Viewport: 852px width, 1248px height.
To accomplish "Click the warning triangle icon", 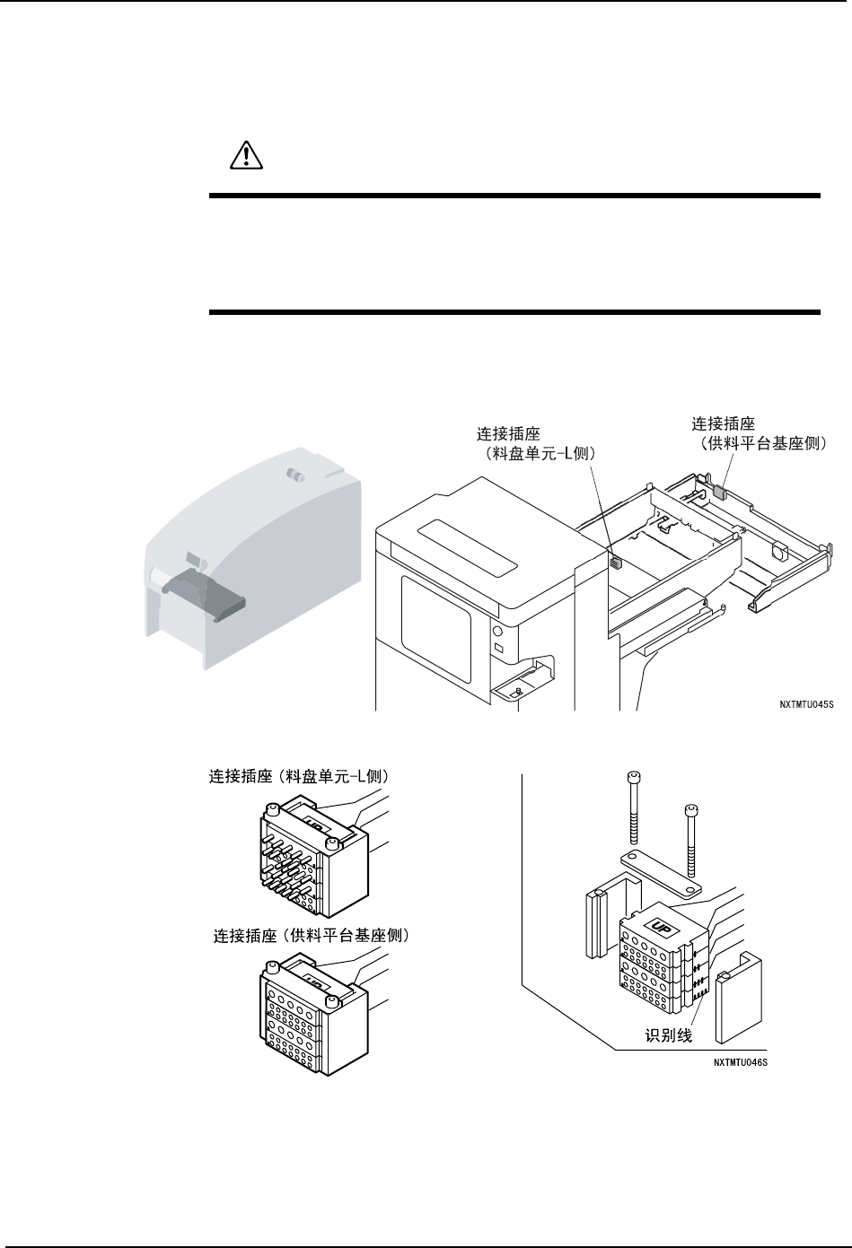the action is pyautogui.click(x=242, y=156).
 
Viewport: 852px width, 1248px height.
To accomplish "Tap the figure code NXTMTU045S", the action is pyautogui.click(x=805, y=704).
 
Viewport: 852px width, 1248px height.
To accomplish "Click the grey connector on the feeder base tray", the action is pyautogui.click(x=721, y=492).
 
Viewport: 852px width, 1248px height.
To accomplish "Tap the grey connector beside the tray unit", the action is pyautogui.click(x=616, y=563).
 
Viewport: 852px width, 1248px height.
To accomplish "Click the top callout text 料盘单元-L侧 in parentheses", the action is pyautogui.click(x=539, y=455).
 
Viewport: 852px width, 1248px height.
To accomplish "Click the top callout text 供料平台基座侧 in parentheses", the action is pyautogui.click(x=762, y=442).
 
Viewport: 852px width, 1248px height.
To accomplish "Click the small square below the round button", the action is pyautogui.click(x=498, y=648).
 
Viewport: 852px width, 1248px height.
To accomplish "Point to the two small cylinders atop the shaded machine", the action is pyautogui.click(x=293, y=474).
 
